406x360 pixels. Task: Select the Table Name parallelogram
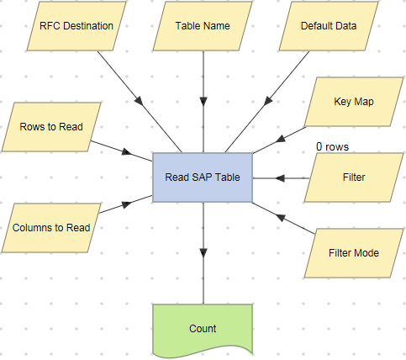[203, 26]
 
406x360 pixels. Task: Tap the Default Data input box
[329, 26]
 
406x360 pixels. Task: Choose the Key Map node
[354, 101]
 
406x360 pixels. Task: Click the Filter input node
[354, 178]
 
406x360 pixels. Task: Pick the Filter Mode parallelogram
[354, 252]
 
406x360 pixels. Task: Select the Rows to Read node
[51, 127]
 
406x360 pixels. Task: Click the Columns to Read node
[51, 227]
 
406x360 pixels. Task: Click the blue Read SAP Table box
[203, 177]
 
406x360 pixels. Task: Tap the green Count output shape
[203, 328]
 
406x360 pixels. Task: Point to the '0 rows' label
[333, 146]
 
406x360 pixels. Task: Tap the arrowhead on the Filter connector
[280, 178]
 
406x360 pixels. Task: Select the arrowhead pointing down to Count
[203, 251]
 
